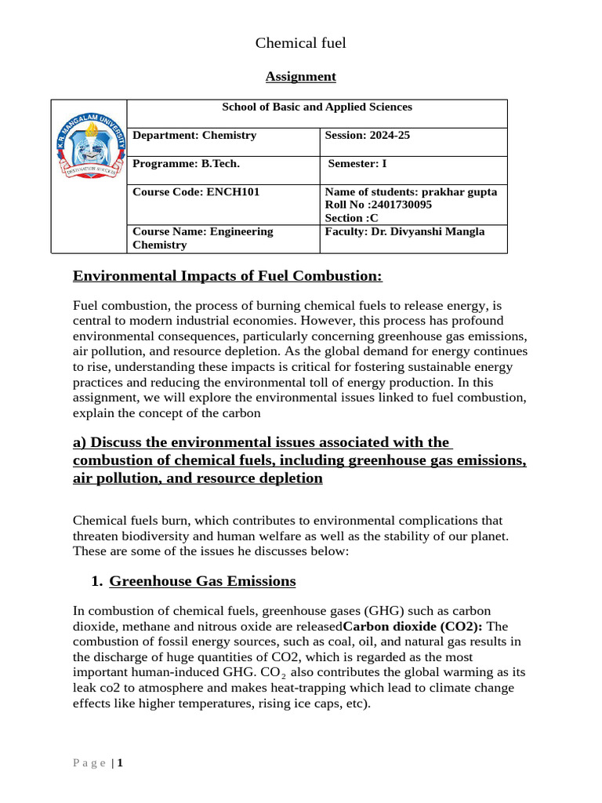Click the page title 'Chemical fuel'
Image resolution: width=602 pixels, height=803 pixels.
tap(300, 43)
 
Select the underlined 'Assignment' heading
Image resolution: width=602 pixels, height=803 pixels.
tap(300, 76)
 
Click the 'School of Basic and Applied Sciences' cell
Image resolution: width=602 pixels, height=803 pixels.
tap(317, 107)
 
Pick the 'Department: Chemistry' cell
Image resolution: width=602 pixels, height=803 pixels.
tap(194, 136)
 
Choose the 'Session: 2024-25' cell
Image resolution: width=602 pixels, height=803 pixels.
tap(367, 136)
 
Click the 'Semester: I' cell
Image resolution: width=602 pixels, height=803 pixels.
tap(357, 164)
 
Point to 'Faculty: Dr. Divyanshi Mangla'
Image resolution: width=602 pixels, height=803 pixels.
tap(404, 231)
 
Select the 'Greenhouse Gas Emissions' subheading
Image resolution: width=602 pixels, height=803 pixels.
tap(202, 581)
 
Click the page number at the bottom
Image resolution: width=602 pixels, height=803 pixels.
tap(120, 762)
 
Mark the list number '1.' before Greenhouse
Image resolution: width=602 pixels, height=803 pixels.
tap(96, 581)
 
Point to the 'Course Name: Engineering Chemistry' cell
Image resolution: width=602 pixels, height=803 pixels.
tap(203, 238)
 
